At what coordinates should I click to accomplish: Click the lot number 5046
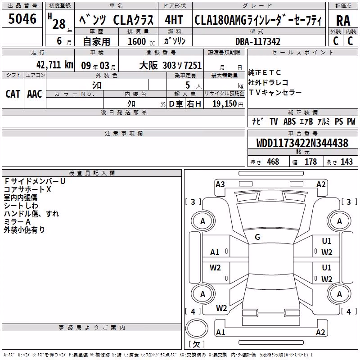pyautogui.click(x=22, y=18)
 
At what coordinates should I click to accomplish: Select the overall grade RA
pyautogui.click(x=343, y=21)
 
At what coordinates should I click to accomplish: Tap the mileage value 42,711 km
pyautogui.click(x=54, y=65)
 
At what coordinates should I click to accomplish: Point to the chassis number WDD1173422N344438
pyautogui.click(x=302, y=143)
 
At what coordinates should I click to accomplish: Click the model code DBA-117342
pyautogui.click(x=258, y=41)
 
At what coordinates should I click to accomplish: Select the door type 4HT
pyautogui.click(x=174, y=20)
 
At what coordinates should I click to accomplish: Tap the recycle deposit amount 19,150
pyautogui.click(x=225, y=104)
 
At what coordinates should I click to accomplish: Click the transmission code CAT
pyautogui.click(x=13, y=94)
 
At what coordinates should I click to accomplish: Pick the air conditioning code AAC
pyautogui.click(x=35, y=94)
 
